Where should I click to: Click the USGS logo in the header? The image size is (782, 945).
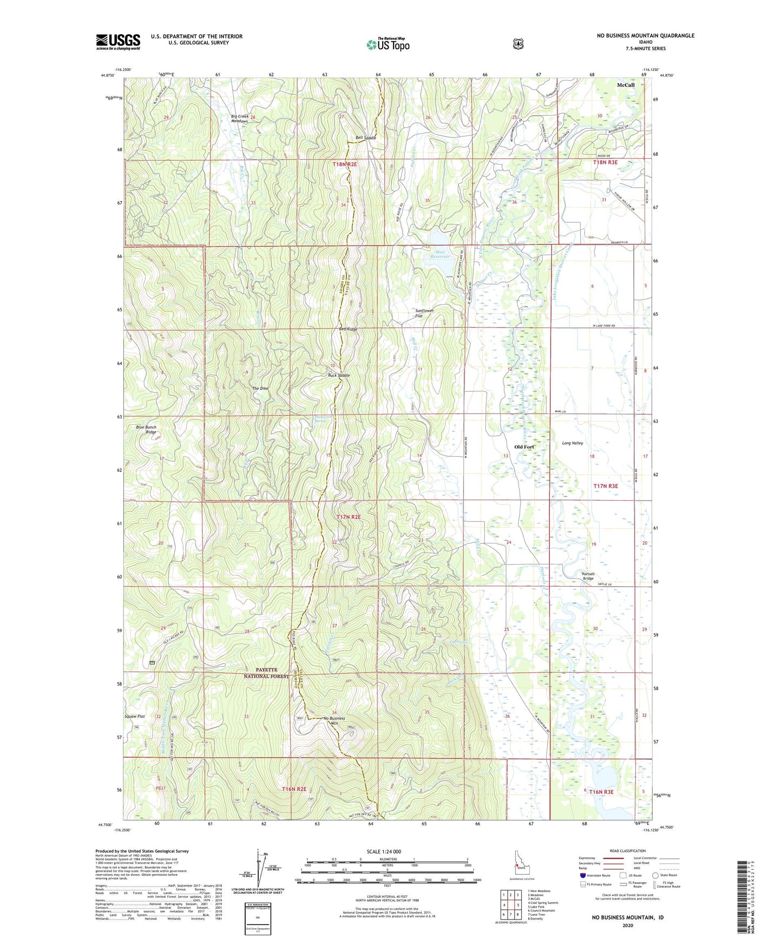[118, 42]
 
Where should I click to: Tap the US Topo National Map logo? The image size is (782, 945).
[387, 44]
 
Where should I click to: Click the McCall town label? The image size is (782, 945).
[626, 85]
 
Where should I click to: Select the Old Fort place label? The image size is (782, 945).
[524, 447]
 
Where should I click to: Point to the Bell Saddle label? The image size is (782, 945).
[365, 138]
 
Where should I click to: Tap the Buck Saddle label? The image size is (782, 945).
[339, 375]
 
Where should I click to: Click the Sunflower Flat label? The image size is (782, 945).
[424, 313]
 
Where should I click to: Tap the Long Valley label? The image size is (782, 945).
[573, 443]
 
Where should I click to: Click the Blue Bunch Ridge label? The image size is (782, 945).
[146, 430]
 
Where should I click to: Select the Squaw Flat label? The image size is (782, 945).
[134, 716]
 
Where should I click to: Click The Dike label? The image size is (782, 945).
[260, 388]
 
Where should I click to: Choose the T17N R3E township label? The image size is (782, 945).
[605, 486]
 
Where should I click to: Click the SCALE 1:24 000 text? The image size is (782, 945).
[384, 851]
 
